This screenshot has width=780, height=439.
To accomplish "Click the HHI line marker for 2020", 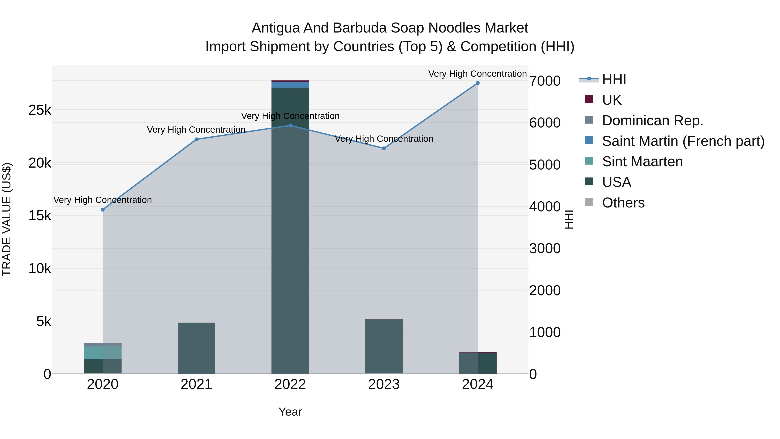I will coord(103,210).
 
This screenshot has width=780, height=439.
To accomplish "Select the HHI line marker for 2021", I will coord(196,139).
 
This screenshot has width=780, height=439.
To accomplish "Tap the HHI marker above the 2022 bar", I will coord(290,126).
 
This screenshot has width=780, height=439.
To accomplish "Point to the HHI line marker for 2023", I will coord(384,149).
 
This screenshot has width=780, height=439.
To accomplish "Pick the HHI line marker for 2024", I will coord(478,83).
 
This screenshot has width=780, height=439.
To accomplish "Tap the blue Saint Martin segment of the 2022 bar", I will coord(290,85).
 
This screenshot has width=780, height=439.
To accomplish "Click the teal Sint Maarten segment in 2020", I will coord(103,353).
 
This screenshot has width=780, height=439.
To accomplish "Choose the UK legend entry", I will coord(612,100).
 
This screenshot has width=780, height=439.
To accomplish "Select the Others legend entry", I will coord(623,203).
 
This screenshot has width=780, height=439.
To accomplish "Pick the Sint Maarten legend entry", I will coord(642,162).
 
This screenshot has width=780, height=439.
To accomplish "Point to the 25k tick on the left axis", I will coord(40,110).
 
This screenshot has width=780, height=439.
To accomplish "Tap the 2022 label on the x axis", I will coord(290,384).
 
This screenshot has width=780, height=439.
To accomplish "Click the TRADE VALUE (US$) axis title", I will coord(7,219).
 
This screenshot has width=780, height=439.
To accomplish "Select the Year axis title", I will coord(290,412).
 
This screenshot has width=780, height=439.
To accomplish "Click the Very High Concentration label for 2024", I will coord(478,74).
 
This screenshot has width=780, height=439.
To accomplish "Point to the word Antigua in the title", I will coord(276,28).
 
